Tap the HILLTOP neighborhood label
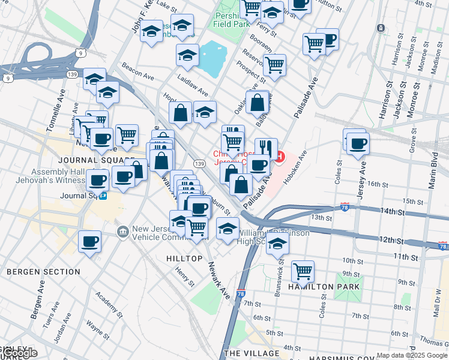(184, 258)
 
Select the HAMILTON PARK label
(325, 287)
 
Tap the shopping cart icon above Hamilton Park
(303, 271)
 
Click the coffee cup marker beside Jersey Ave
(358, 144)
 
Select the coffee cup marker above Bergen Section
(89, 241)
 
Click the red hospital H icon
(279, 157)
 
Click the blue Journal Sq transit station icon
(104, 195)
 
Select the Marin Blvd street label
(432, 165)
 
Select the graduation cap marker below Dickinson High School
(277, 244)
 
